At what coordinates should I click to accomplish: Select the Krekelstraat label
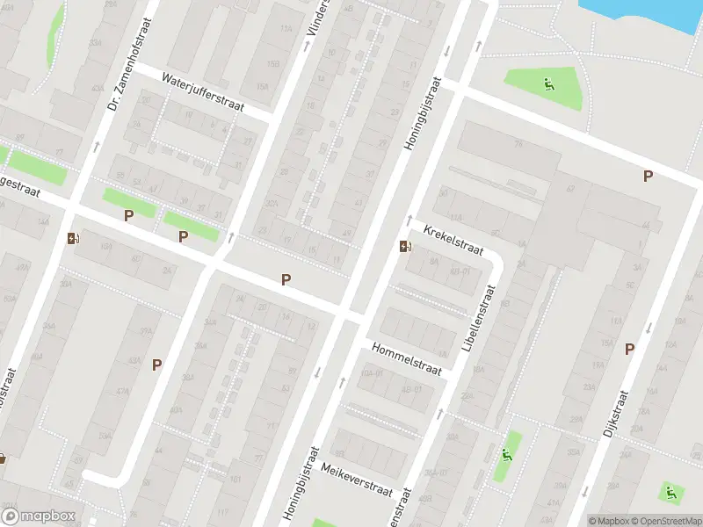coord(453,239)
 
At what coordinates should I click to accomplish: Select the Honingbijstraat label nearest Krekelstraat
coord(423,112)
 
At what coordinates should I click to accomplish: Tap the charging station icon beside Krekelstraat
coord(404,246)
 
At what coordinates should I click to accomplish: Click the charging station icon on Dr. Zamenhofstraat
coord(71,237)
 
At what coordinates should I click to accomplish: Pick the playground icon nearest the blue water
coord(549,85)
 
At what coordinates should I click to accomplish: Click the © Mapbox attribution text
coord(608,520)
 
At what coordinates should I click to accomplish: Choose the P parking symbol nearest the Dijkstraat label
coord(629,349)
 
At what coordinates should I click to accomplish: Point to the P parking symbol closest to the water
coord(648,176)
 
